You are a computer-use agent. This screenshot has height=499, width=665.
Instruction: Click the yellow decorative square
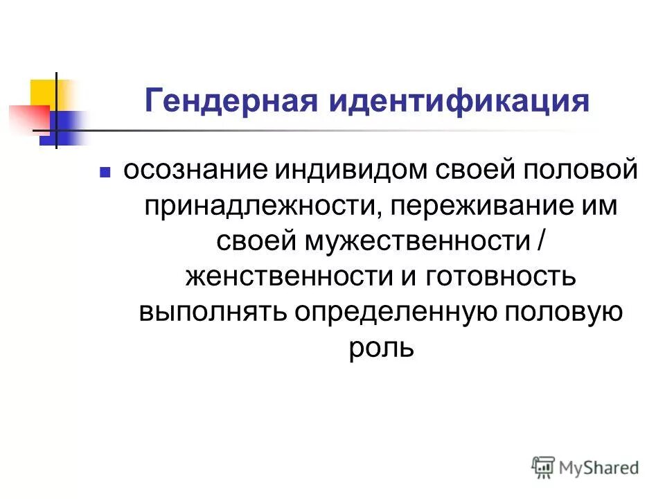pyautogui.click(x=43, y=93)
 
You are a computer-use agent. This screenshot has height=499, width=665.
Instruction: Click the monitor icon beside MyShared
pyautogui.click(x=543, y=466)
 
